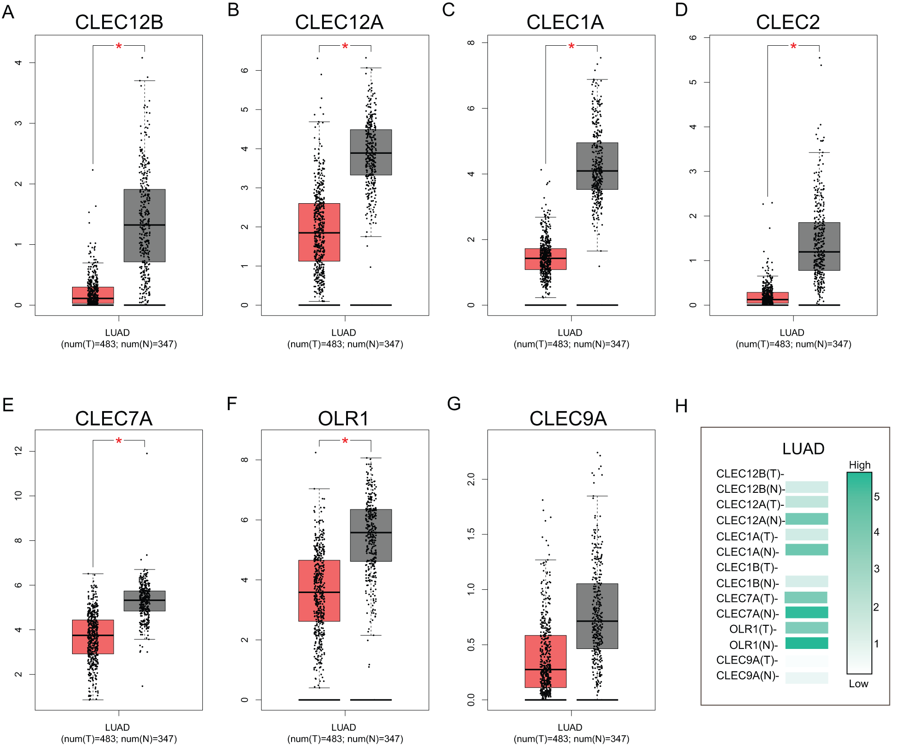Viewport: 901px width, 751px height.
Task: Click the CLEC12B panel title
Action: pyautogui.click(x=119, y=22)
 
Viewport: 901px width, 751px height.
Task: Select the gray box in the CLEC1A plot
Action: pyautogui.click(x=597, y=166)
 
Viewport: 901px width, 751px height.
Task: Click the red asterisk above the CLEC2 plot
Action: pyautogui.click(x=793, y=46)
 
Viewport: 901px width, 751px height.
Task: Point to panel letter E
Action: pyautogui.click(x=8, y=405)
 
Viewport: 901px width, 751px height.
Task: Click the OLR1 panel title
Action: pyautogui.click(x=343, y=418)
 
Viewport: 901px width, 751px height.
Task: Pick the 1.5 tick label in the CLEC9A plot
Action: pyautogui.click(x=471, y=534)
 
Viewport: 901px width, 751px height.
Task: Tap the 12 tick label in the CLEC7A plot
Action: pyautogui.click(x=18, y=451)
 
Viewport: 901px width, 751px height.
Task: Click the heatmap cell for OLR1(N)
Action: pyautogui.click(x=807, y=643)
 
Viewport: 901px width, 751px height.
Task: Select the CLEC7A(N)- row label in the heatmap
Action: pyautogui.click(x=747, y=614)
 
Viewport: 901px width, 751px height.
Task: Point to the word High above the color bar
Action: pyautogui.click(x=859, y=465)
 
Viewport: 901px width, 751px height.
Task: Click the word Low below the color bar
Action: pyautogui.click(x=858, y=684)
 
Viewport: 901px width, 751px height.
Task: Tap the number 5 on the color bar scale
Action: pyautogui.click(x=877, y=497)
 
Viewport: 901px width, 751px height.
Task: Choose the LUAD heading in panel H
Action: pyautogui.click(x=803, y=448)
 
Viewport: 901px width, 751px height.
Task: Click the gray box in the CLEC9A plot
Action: pyautogui.click(x=597, y=616)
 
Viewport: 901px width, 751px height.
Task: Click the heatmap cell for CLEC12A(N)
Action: pyautogui.click(x=807, y=519)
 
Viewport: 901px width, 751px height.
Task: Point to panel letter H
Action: pyautogui.click(x=681, y=406)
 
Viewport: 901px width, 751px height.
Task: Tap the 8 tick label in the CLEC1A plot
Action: pyautogui.click(x=471, y=42)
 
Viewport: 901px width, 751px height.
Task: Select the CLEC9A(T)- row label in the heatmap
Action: pyautogui.click(x=747, y=660)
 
